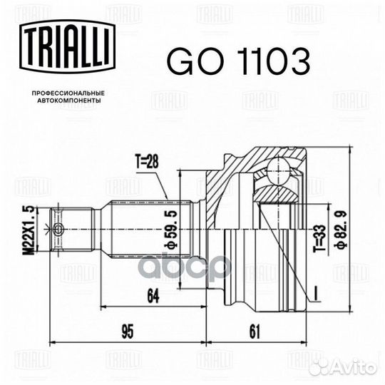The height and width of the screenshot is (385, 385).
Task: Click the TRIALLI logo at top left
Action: point(68,46)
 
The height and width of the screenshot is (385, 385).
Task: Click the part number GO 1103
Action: point(238,61)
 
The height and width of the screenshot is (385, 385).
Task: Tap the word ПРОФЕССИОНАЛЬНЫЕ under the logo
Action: point(68,93)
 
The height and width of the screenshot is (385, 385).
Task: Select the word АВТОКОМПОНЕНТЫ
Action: point(68,101)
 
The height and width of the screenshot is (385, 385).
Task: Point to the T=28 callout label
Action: point(147,163)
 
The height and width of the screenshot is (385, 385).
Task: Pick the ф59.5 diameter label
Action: point(170,229)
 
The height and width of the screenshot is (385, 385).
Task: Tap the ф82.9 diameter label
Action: point(342,229)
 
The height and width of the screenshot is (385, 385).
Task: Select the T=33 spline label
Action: point(320,237)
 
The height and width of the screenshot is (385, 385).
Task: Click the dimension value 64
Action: point(153,296)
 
